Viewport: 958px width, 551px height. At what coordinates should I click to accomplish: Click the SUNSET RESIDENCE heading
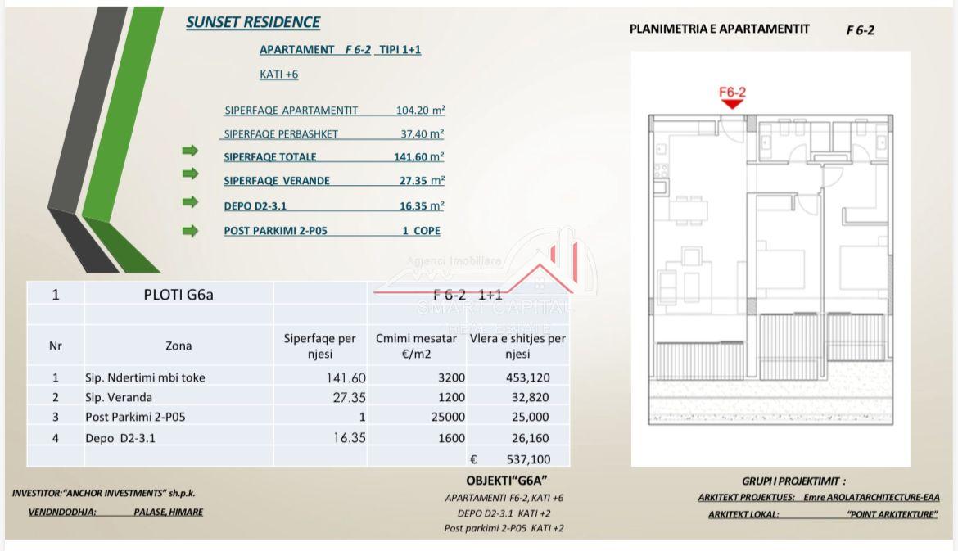pyautogui.click(x=253, y=23)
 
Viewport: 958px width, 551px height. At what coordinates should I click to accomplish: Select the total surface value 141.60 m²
pyautogui.click(x=418, y=157)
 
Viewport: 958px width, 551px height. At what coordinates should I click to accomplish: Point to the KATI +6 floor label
pyautogui.click(x=278, y=74)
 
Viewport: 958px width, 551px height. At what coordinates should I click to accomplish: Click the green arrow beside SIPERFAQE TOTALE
pyautogui.click(x=190, y=151)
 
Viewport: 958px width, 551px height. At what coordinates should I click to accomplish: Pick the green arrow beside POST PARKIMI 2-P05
pyautogui.click(x=190, y=231)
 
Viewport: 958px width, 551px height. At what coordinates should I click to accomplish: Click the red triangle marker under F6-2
pyautogui.click(x=732, y=104)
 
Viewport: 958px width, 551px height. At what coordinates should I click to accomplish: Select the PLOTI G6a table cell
pyautogui.click(x=178, y=295)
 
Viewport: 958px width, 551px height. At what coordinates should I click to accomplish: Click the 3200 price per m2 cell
pyautogui.click(x=451, y=377)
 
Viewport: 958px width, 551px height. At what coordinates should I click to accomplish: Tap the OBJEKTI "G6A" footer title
pyautogui.click(x=506, y=481)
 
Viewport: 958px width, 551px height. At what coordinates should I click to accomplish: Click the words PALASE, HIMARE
pyautogui.click(x=168, y=512)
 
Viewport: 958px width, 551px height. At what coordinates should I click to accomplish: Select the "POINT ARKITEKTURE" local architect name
pyautogui.click(x=892, y=514)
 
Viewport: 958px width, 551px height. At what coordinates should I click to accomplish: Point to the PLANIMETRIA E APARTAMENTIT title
pyautogui.click(x=719, y=29)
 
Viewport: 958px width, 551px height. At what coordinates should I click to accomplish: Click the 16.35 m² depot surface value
pyautogui.click(x=422, y=206)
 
